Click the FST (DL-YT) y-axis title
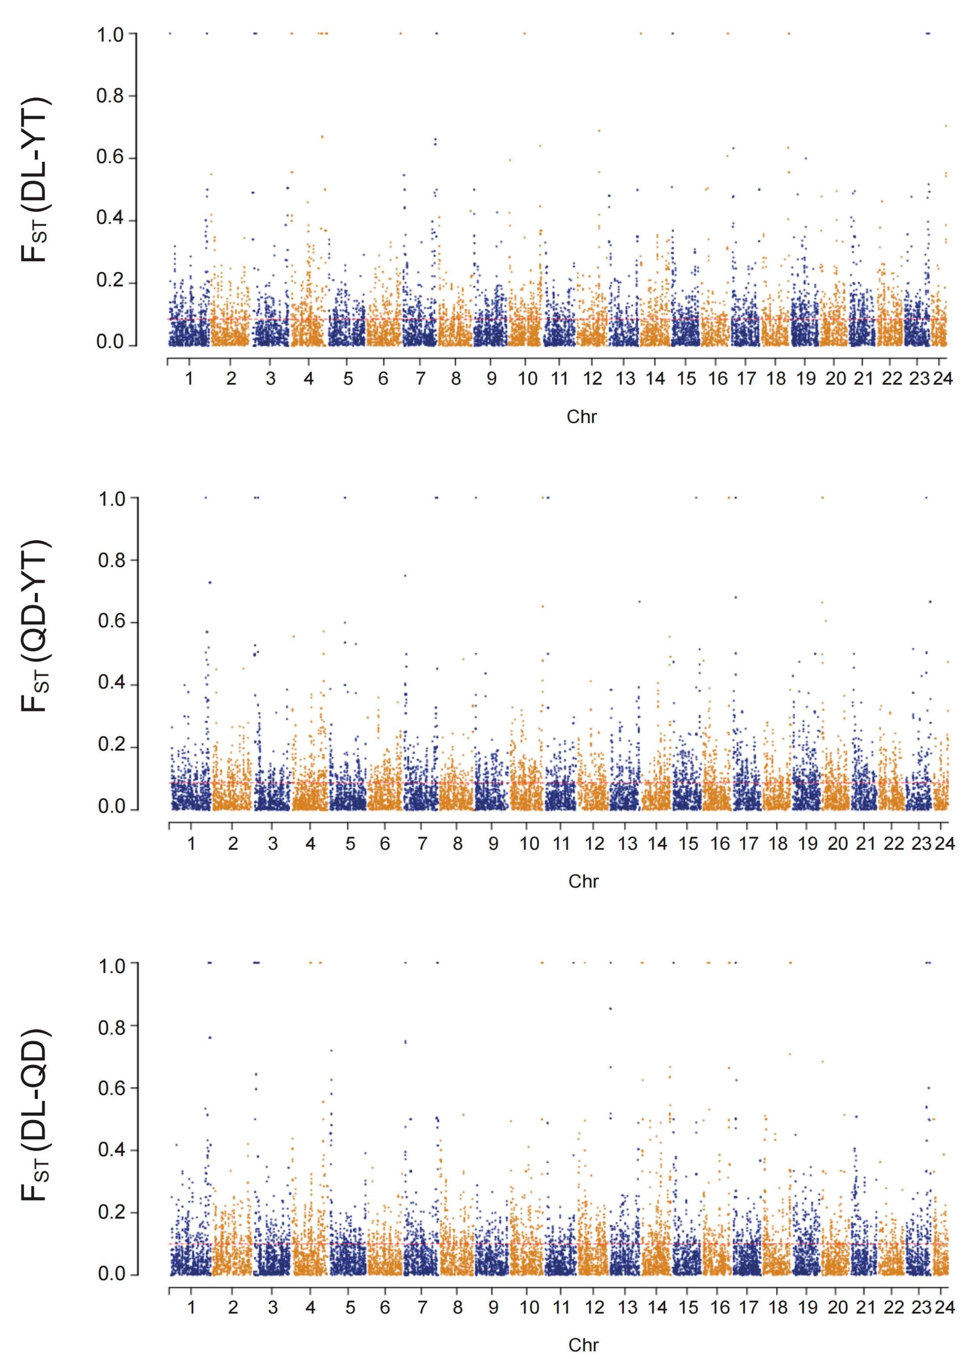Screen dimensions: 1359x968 pyautogui.click(x=35, y=179)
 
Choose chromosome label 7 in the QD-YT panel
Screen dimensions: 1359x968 pyautogui.click(x=422, y=843)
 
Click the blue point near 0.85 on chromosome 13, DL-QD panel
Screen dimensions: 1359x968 pyautogui.click(x=610, y=1009)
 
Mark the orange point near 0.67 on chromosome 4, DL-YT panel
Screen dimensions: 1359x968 pyautogui.click(x=322, y=137)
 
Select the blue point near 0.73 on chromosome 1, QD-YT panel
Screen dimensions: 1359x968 pyautogui.click(x=210, y=582)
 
